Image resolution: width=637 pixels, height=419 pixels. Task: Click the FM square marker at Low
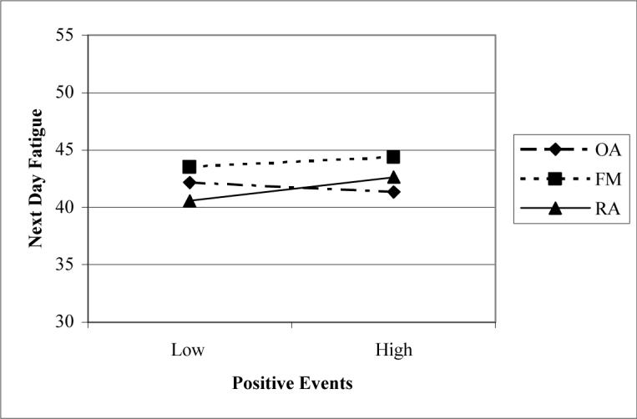coord(190,167)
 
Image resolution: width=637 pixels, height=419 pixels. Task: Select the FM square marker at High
coord(393,157)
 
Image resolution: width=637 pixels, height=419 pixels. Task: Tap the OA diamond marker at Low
coord(190,182)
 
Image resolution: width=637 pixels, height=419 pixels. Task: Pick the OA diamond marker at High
coord(393,192)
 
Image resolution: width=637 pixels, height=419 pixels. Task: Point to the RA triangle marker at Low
coord(190,201)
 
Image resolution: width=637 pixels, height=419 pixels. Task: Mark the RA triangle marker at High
coord(393,177)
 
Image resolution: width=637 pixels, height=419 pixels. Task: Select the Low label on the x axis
coord(190,350)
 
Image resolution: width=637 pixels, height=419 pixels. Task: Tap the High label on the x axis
coord(393,350)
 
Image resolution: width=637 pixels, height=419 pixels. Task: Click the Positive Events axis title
coord(291,384)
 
